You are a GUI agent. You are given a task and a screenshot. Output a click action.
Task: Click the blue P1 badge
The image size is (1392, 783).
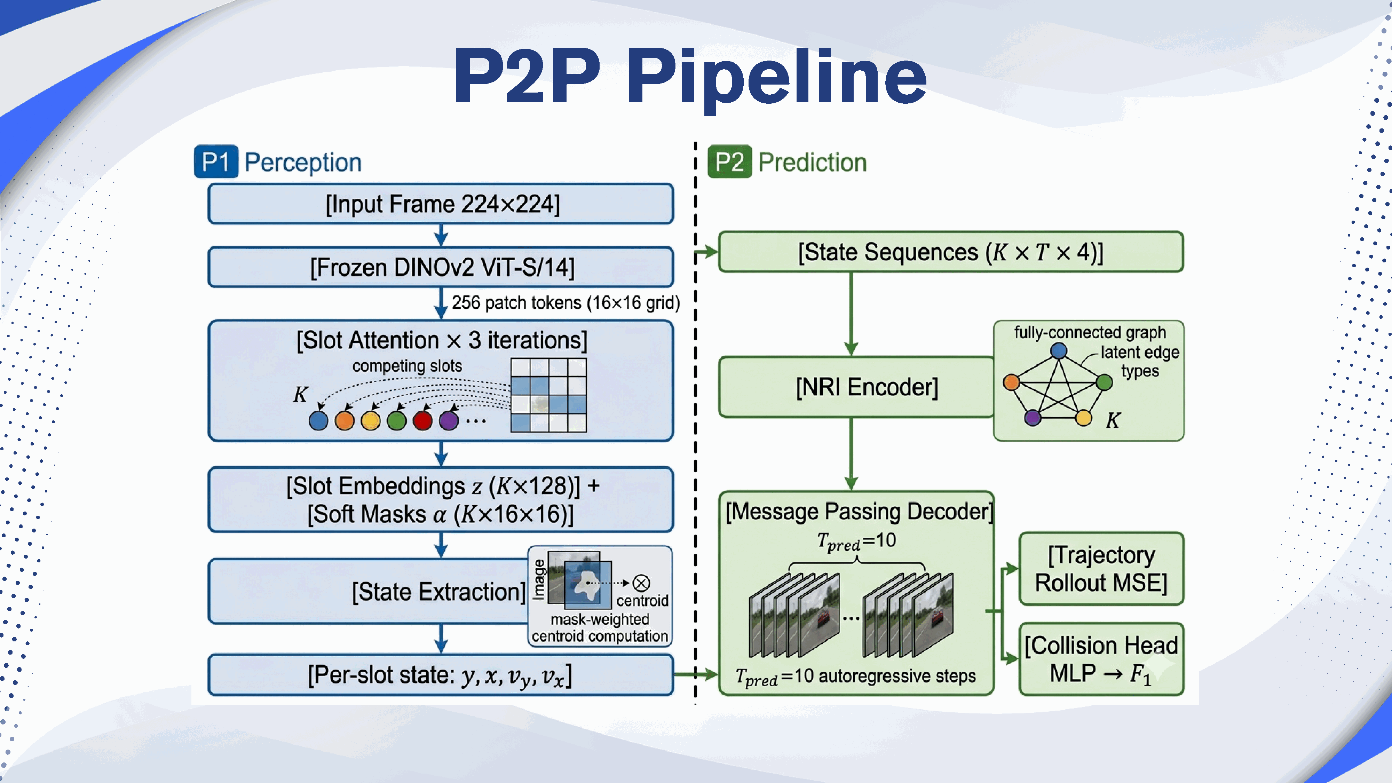click(x=216, y=161)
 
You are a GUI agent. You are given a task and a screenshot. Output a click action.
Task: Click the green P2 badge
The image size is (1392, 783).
click(x=729, y=161)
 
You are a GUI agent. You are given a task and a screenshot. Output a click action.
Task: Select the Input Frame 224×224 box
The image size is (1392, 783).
click(x=441, y=204)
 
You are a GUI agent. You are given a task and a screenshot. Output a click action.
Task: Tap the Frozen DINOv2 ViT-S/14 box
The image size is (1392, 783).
click(x=441, y=267)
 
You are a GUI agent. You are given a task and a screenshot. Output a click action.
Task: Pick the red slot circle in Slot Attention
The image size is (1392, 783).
click(x=422, y=420)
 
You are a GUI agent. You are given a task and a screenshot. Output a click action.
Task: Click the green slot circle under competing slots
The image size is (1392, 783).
click(x=397, y=420)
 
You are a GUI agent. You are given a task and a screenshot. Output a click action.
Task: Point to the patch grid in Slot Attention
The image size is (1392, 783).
click(x=548, y=395)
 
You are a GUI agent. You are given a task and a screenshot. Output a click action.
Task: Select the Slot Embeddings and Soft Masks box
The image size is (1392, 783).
click(x=441, y=500)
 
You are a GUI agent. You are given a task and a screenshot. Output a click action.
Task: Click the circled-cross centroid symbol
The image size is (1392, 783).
click(x=641, y=583)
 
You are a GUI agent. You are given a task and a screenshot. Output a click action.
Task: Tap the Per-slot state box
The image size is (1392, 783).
click(x=441, y=675)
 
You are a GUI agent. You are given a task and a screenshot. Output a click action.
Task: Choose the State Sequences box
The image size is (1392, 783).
click(x=950, y=252)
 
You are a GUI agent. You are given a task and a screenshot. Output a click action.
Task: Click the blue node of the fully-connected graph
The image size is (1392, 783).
click(x=1059, y=351)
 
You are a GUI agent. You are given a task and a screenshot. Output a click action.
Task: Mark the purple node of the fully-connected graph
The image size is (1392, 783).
click(x=1033, y=417)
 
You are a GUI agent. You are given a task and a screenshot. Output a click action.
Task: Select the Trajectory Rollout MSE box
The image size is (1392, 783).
click(x=1101, y=569)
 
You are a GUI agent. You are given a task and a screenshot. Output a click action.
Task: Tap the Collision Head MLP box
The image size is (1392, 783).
click(x=1101, y=659)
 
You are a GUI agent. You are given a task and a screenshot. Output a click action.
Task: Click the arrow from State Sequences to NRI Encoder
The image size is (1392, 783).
click(x=851, y=314)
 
